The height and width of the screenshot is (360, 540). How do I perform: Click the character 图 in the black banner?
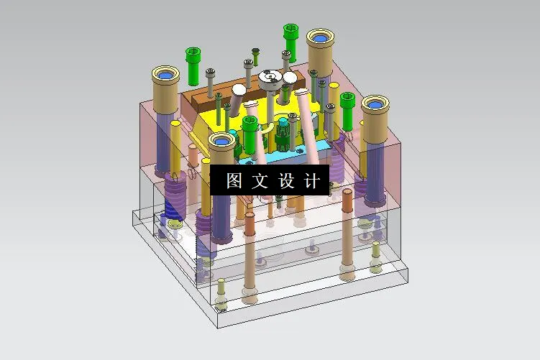pyautogui.click(x=234, y=180)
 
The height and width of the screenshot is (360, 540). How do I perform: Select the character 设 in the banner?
pyautogui.click(x=285, y=180)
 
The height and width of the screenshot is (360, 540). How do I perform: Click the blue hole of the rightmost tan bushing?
pyautogui.click(x=375, y=105)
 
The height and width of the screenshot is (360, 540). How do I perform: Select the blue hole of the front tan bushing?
pyautogui.click(x=221, y=140)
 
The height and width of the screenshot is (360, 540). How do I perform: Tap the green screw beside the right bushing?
pyautogui.click(x=347, y=101)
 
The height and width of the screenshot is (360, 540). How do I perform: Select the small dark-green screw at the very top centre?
pyautogui.click(x=255, y=52)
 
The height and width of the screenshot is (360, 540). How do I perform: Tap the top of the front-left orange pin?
pyautogui.click(x=249, y=216)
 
